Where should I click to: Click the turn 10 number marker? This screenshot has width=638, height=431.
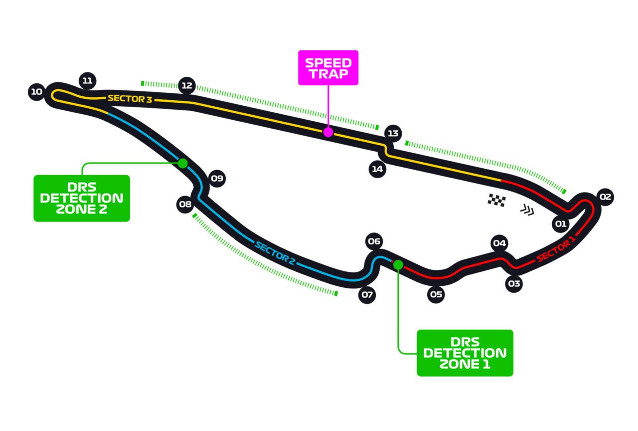[36, 92]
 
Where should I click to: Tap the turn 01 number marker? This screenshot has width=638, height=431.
[561, 224]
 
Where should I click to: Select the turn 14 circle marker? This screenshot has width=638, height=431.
[377, 169]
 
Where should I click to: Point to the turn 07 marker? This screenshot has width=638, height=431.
[367, 295]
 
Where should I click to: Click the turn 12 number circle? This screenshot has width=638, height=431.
[187, 86]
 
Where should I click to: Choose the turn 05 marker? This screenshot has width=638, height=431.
[436, 294]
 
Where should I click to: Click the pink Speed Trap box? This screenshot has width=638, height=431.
[328, 68]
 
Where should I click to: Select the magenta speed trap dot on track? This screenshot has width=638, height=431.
[327, 132]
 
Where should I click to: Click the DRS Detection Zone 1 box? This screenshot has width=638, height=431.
[465, 353]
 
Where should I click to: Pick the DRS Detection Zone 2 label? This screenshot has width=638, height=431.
[82, 198]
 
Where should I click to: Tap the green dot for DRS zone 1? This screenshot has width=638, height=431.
[398, 264]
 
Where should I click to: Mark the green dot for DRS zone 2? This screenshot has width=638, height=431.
[183, 163]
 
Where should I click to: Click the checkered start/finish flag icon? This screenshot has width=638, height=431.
[496, 200]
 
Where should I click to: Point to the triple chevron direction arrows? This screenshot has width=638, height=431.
[527, 211]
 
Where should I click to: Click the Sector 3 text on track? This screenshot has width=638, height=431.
[130, 99]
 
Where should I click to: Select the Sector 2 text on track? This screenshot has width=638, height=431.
[272, 251]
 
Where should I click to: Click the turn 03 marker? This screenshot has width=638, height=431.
[514, 284]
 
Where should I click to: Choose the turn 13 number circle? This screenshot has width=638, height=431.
[393, 133]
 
